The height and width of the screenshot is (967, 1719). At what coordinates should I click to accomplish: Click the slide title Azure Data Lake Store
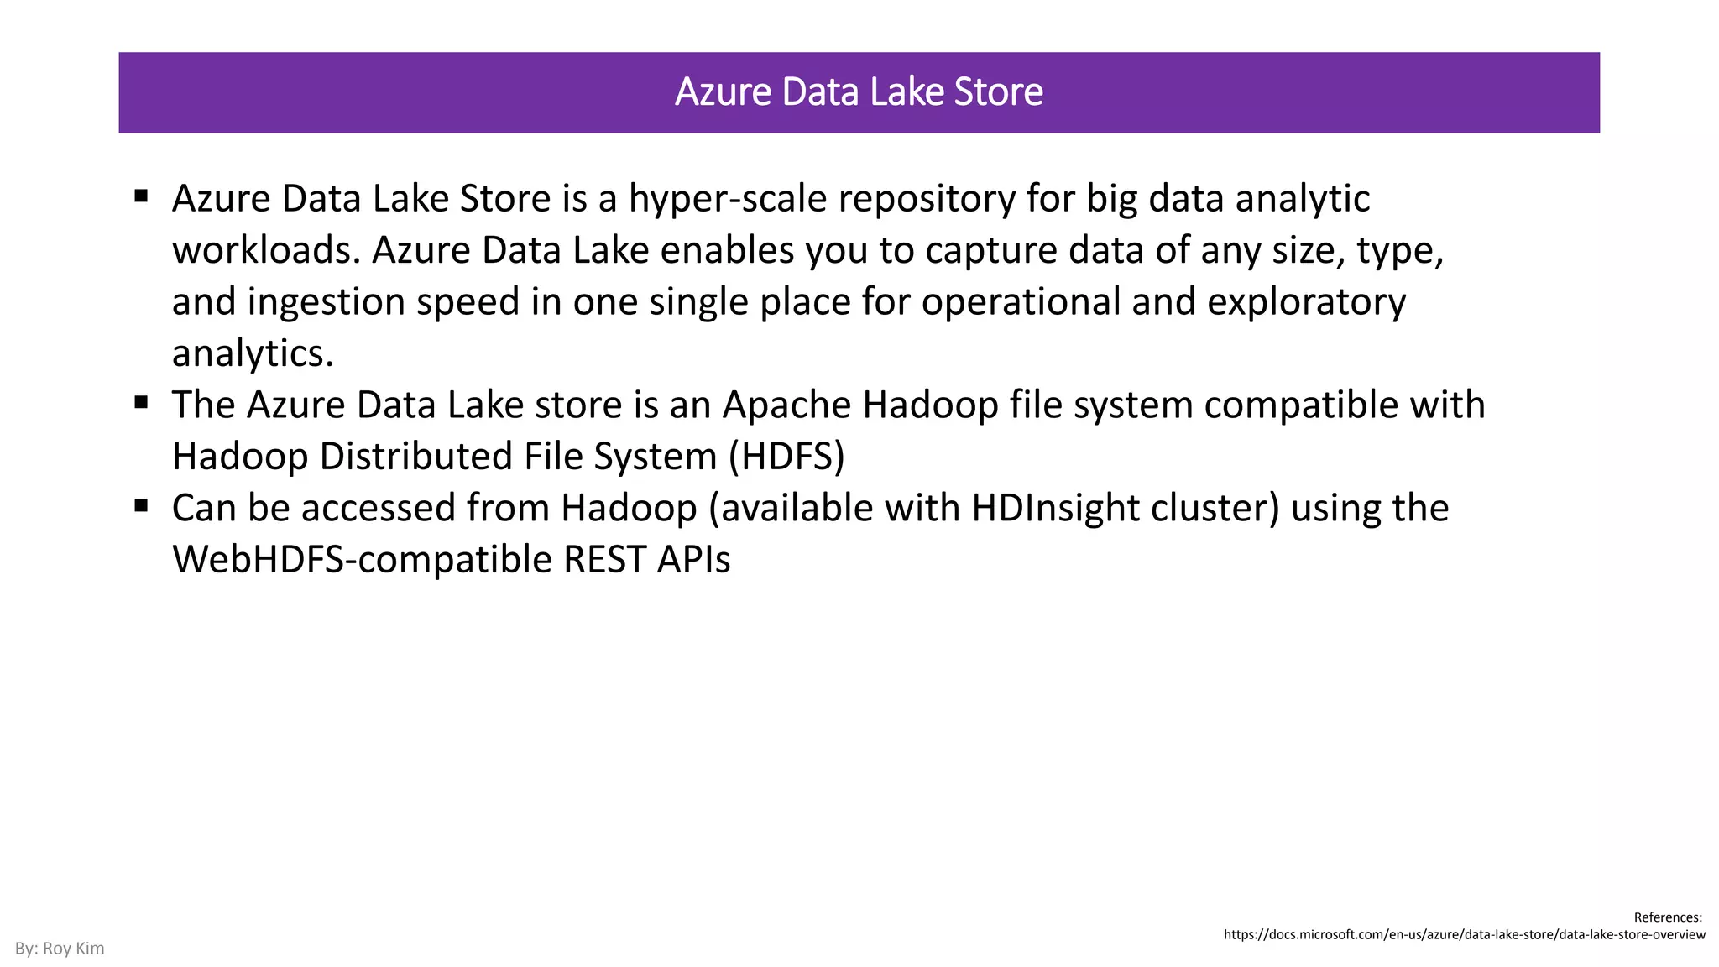(x=859, y=92)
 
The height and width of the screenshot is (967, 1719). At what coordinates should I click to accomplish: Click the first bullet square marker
(x=141, y=196)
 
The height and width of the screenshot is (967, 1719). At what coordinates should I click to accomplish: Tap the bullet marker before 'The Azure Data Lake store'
(x=141, y=403)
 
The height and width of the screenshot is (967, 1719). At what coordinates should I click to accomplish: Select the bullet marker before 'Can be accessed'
(x=141, y=506)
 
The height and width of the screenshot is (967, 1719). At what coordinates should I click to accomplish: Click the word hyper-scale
(x=728, y=200)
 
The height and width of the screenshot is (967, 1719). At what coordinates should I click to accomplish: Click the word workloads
(x=265, y=251)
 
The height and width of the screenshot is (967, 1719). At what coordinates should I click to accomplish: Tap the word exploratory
(x=1306, y=302)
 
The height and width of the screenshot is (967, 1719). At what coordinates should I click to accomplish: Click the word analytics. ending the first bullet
(x=253, y=353)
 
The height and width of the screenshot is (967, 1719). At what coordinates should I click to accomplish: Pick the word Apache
(x=786, y=405)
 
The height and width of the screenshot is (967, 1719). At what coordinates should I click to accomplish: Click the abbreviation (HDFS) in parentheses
(x=786, y=457)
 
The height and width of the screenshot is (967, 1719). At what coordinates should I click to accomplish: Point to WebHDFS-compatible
(x=362, y=560)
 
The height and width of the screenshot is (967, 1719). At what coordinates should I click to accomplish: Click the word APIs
(x=693, y=560)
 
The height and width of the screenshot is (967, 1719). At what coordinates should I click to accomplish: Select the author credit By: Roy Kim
(x=60, y=949)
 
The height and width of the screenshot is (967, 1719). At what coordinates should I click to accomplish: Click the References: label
(x=1667, y=917)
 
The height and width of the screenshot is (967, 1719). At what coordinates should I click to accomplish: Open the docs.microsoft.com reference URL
(x=1464, y=935)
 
